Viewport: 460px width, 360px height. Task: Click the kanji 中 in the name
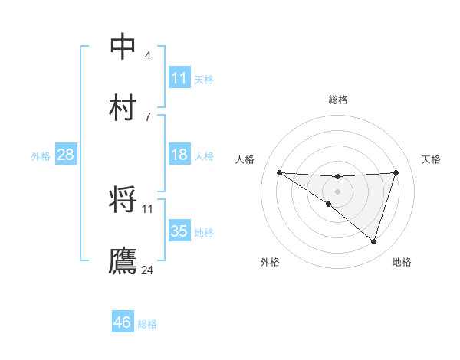pos(123,46)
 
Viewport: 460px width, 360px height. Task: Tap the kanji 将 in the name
pos(123,200)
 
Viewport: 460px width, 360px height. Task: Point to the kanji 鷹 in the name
pos(123,260)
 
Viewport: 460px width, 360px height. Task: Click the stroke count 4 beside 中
pos(148,56)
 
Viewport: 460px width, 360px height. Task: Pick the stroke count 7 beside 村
pos(148,116)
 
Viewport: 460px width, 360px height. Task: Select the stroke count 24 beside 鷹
pos(148,270)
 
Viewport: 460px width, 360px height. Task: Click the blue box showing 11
pos(179,77)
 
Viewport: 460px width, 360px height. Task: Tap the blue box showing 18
pos(179,155)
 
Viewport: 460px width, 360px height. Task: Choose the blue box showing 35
pos(179,231)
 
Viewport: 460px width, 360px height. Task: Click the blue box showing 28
pos(66,155)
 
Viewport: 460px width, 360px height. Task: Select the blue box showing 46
pos(123,322)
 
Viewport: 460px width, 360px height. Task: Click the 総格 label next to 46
pos(147,324)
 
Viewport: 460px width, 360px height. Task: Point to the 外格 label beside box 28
pos(41,156)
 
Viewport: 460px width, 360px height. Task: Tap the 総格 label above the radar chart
pos(337,100)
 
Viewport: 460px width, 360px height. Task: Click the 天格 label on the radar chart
pos(432,159)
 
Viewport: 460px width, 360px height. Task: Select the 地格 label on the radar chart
pos(402,262)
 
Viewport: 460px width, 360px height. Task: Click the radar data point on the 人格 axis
pos(279,172)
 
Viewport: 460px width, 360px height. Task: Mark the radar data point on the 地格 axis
pos(373,241)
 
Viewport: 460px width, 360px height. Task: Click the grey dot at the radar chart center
pos(337,191)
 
